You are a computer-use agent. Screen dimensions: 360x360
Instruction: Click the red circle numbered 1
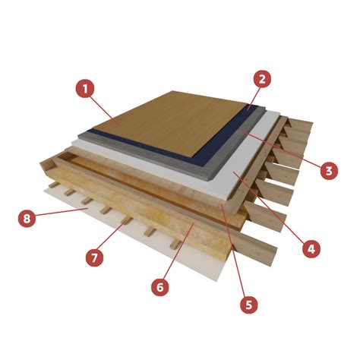85,89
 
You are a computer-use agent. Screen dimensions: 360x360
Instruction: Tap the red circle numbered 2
262,79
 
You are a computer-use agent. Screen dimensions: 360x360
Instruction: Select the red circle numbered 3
329,171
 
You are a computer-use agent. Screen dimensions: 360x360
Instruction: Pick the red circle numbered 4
311,248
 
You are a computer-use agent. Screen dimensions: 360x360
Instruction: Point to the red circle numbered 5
249,305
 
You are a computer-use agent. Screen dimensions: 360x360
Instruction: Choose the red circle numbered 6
160,287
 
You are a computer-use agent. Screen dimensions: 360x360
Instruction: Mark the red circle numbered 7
94,257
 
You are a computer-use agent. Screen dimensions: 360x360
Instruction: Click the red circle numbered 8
27,218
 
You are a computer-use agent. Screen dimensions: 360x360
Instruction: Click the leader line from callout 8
62,212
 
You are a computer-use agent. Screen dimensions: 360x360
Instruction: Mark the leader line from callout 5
233,251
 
